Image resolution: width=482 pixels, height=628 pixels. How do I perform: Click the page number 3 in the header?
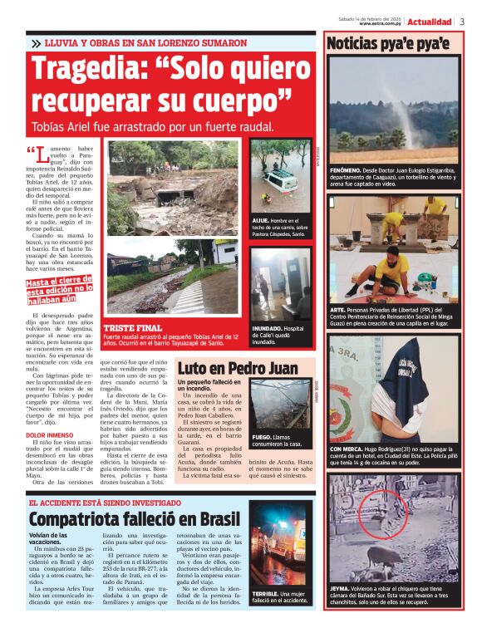tap(462, 21)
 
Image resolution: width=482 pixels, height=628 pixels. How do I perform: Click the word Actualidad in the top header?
tap(430, 21)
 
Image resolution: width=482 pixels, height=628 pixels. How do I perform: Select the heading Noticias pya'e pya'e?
tap(388, 43)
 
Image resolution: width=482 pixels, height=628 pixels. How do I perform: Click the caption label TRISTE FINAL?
tap(128, 328)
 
